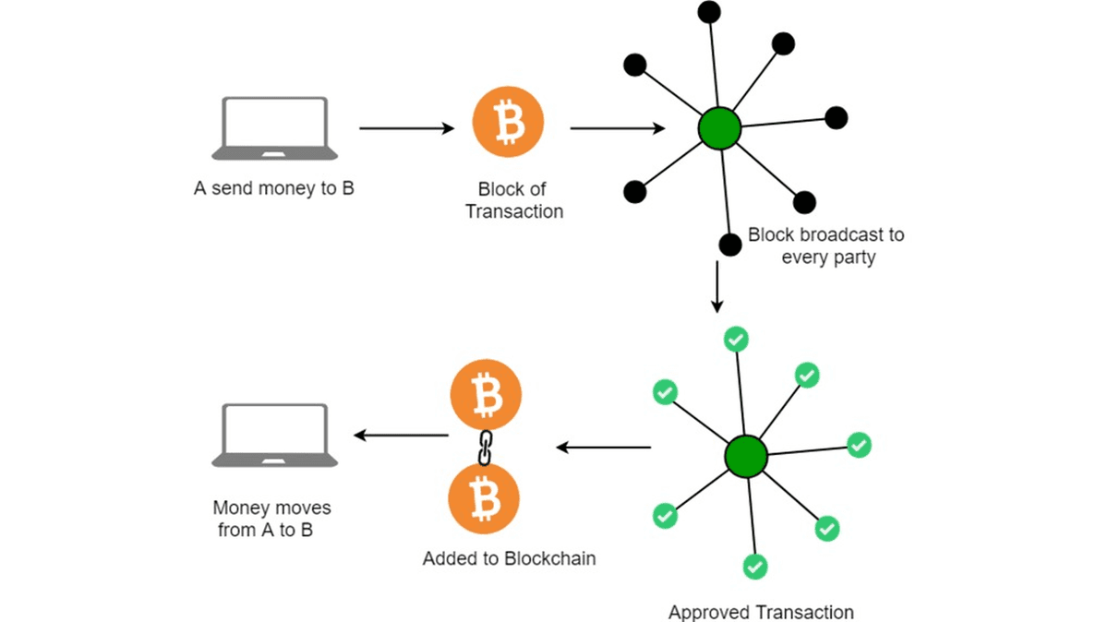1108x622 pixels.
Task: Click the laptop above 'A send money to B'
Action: coord(274,128)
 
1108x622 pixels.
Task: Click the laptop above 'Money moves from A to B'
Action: coord(274,435)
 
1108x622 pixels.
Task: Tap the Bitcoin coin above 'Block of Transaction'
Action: coord(508,123)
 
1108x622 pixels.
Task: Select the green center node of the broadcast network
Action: coord(719,128)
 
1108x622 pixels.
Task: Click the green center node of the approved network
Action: coord(745,456)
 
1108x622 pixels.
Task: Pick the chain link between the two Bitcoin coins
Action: coord(484,447)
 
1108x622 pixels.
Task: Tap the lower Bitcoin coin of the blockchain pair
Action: coord(484,499)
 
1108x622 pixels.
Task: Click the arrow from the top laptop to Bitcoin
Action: coord(406,128)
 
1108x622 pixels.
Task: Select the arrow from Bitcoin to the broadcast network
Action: coord(617,128)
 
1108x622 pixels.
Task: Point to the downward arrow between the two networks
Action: coord(717,288)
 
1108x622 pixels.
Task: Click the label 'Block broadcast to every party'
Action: coord(826,245)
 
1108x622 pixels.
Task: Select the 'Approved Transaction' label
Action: coord(761,612)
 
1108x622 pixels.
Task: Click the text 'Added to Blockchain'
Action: coord(509,558)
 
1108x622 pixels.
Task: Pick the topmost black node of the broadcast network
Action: coord(709,11)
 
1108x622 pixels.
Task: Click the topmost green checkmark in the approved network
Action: coord(735,340)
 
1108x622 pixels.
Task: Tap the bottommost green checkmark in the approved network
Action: coord(755,566)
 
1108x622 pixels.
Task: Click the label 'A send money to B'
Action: coord(274,188)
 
